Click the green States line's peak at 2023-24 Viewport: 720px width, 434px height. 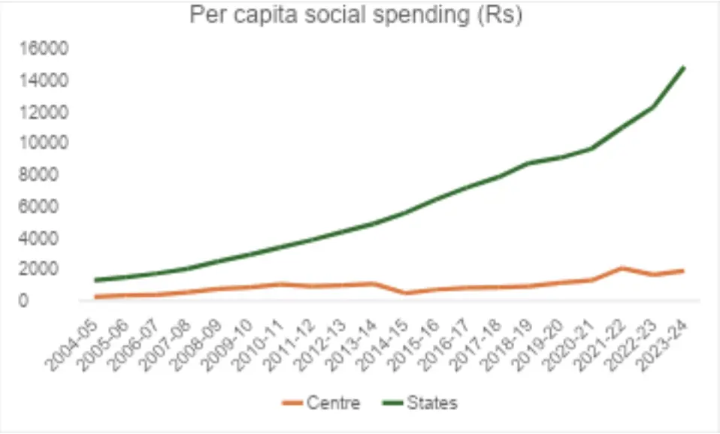tap(684, 68)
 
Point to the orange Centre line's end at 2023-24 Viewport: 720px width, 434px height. tap(684, 270)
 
